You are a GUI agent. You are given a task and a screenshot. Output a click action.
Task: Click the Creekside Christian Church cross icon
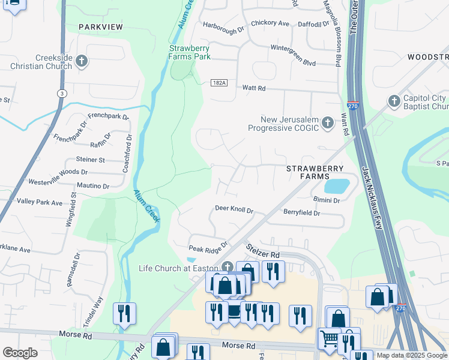pos(82,61)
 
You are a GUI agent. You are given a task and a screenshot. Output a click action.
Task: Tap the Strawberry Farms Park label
pos(190,52)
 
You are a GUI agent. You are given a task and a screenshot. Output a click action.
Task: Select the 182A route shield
pos(219,83)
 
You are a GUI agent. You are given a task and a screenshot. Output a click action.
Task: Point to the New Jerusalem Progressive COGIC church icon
pos(327,123)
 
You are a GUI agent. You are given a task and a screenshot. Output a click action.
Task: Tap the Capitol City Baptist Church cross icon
pos(394,101)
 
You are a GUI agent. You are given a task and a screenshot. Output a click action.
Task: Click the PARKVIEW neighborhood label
pos(100,27)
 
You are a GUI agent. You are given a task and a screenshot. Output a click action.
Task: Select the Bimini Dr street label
pos(327,200)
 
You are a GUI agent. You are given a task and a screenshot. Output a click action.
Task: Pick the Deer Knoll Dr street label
pos(234,210)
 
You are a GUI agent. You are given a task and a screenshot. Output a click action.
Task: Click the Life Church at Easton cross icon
pos(227,267)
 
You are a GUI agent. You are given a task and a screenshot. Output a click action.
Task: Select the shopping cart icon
pos(329,339)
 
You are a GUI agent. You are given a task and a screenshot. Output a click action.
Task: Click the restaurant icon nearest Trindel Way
pos(124,313)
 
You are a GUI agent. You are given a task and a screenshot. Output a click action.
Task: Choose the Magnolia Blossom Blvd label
pos(338,33)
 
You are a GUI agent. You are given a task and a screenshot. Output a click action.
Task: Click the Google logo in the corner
pos(20,353)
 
